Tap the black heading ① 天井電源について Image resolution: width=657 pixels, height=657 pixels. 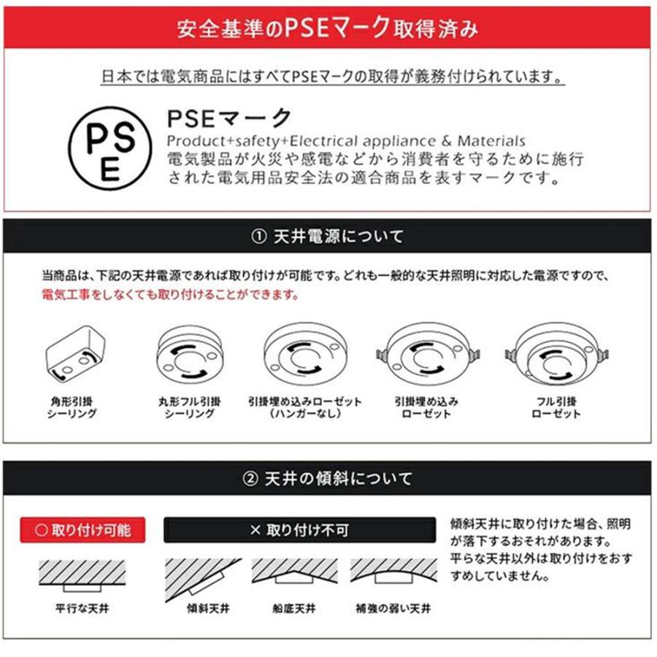coord(328,237)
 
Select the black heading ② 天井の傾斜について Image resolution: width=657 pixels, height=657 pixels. coord(328,479)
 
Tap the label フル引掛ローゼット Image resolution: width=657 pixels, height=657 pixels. coord(556,407)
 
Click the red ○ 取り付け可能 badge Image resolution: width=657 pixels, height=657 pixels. coord(82,530)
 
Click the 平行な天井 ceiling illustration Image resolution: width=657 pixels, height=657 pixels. coord(82,575)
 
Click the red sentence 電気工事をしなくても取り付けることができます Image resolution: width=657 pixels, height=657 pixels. coord(169,296)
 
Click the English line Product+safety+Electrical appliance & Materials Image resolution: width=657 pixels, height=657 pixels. coord(345,141)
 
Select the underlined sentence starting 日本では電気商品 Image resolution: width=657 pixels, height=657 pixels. coord(332,76)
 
